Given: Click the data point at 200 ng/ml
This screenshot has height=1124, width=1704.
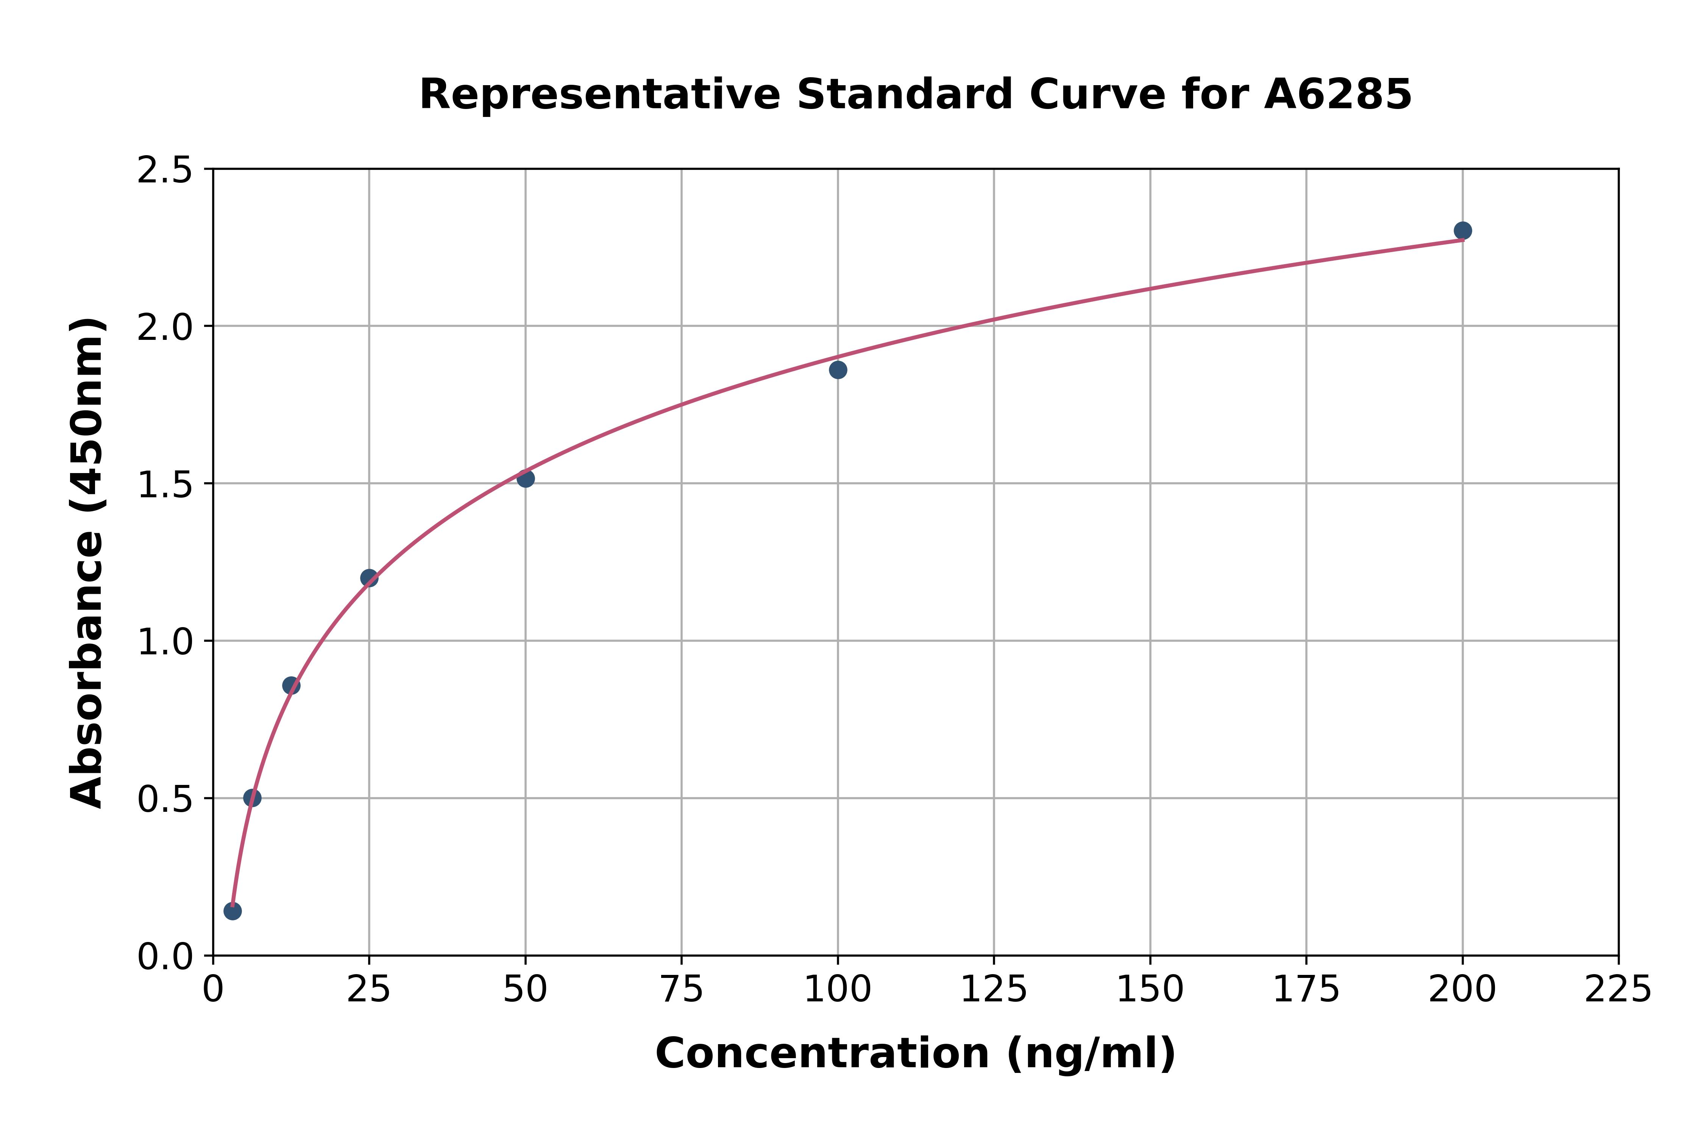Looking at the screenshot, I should point(1462,231).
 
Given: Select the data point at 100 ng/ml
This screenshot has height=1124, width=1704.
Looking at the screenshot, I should point(838,370).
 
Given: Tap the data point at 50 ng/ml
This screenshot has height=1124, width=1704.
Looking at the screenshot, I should point(526,478).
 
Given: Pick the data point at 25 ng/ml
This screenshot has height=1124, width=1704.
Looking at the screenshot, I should point(369,578).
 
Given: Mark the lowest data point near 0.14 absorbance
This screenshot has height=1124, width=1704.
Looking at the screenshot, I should point(233,911).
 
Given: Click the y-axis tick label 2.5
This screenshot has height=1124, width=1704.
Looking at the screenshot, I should point(165,171).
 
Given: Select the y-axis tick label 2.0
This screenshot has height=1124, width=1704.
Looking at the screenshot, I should point(165,328).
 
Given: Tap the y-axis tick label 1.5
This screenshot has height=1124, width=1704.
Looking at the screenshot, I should point(165,484).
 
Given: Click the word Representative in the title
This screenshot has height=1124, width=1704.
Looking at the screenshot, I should point(599,95).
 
